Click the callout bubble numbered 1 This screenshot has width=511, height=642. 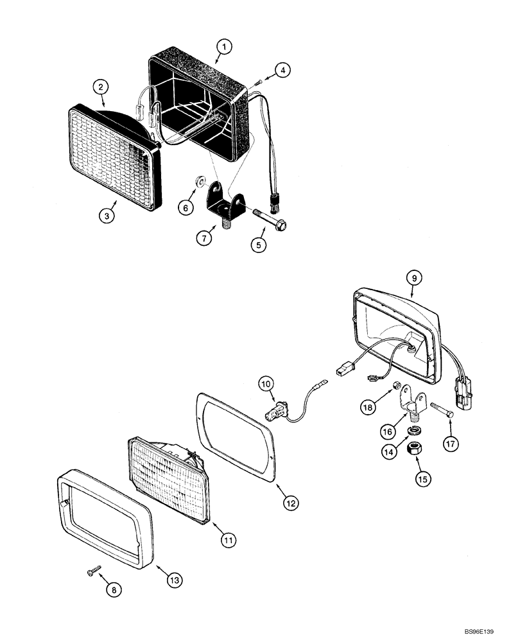pos(223,47)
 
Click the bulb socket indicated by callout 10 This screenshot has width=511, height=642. pos(281,409)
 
